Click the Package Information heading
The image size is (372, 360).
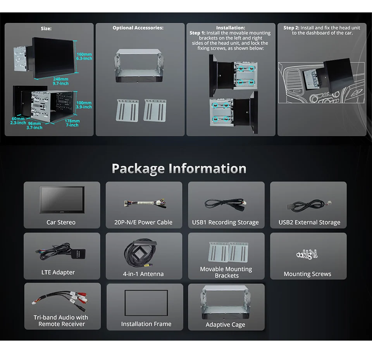point(179,169)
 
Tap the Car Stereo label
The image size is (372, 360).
point(61,222)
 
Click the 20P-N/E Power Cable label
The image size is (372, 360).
point(143,222)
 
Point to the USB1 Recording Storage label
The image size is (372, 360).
point(225,222)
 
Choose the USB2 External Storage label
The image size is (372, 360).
point(309,222)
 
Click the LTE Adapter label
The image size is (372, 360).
point(58,272)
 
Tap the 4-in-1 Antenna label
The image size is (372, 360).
point(143,274)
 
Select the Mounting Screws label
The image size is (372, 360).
point(307,274)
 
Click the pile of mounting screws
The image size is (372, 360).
point(307,254)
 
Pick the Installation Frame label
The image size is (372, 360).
point(146,324)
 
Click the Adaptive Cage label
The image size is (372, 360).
point(225,325)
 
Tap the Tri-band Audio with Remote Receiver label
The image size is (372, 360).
point(61,320)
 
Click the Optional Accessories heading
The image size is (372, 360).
point(138,28)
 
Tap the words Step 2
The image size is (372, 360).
point(291,28)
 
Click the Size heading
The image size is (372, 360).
point(46,28)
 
